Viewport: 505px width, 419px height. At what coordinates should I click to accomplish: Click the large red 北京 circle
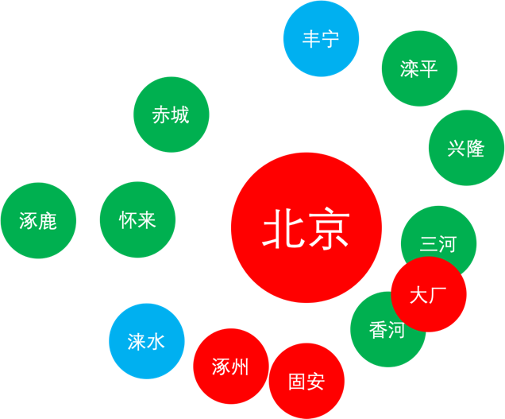tap(306, 227)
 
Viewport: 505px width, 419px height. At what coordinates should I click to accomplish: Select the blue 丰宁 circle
tap(322, 39)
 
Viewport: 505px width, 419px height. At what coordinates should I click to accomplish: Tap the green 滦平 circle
tap(419, 69)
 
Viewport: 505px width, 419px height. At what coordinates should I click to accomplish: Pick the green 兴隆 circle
tap(466, 148)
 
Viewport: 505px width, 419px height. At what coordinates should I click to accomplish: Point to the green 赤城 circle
tap(171, 114)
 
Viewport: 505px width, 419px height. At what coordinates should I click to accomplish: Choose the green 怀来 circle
tap(137, 220)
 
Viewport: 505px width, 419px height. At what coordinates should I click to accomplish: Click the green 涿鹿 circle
tap(38, 221)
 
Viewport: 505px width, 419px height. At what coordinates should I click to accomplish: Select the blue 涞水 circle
tap(147, 341)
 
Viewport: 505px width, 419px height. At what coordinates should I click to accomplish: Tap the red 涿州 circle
tap(230, 366)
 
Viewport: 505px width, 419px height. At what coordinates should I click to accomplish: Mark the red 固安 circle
tap(306, 382)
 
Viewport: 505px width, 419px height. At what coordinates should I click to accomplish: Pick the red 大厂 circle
tap(429, 295)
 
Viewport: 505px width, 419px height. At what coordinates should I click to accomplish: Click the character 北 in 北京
tap(283, 228)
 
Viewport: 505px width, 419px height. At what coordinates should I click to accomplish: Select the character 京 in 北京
tap(329, 228)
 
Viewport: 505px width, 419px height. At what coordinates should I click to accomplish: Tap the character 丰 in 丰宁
tap(312, 39)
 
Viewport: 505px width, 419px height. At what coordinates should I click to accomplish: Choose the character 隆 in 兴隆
tap(476, 148)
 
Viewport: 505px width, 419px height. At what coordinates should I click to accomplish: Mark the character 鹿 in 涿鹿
tap(48, 221)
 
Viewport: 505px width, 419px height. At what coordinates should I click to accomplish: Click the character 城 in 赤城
tap(180, 114)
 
